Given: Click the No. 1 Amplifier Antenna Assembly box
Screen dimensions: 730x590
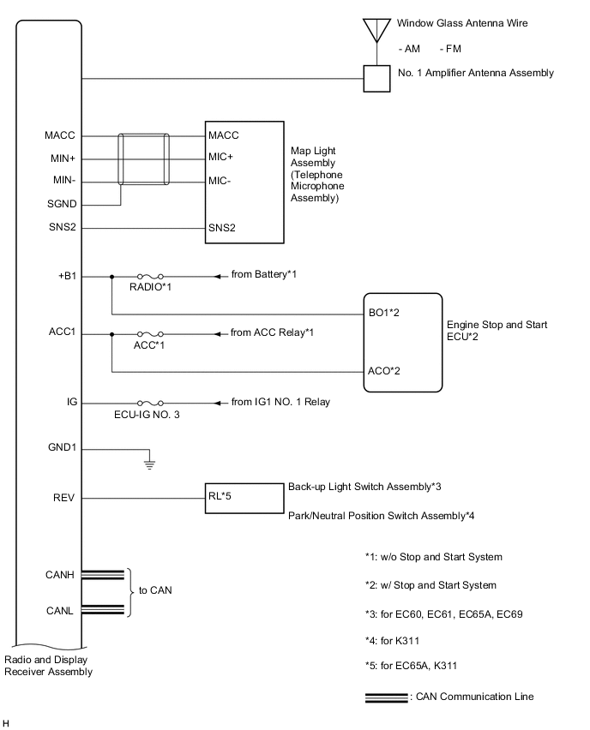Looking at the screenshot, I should (374, 79).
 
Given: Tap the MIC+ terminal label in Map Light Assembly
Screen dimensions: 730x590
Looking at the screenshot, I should (221, 158).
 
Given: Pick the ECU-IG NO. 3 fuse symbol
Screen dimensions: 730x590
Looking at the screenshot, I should (155, 402).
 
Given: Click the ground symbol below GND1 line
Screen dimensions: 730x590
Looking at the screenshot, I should (149, 464).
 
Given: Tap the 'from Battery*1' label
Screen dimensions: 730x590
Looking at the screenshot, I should (268, 275).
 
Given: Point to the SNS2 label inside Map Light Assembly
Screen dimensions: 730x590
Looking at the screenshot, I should (221, 228).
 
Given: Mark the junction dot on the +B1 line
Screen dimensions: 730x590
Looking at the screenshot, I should (112, 276).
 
